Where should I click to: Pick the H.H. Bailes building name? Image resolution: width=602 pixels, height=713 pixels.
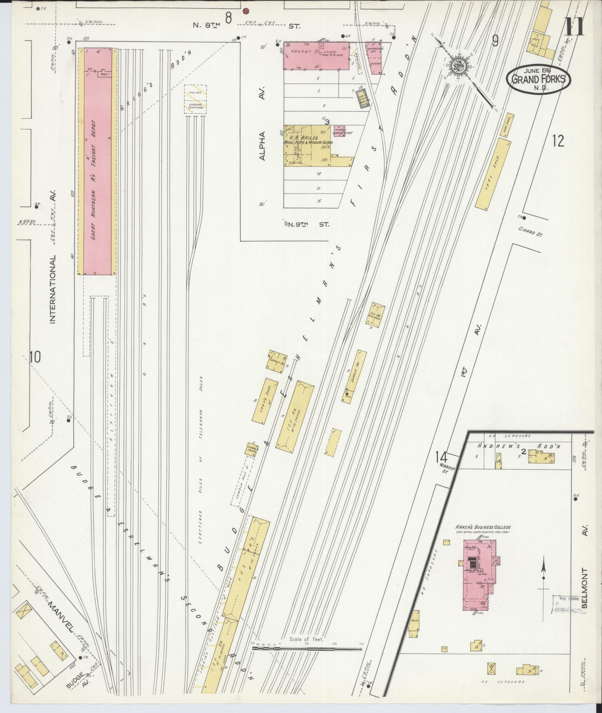click(x=302, y=138)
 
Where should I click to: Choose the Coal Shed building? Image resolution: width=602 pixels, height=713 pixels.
click(x=493, y=174)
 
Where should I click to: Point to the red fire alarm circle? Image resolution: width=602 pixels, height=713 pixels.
click(x=246, y=11)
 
